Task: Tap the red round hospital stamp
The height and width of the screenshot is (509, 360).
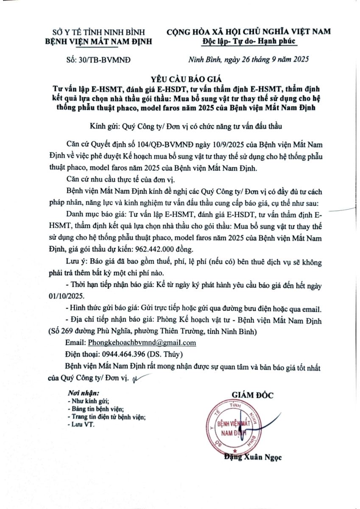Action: (x=232, y=428)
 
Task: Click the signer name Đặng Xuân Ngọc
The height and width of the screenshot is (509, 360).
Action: (x=253, y=457)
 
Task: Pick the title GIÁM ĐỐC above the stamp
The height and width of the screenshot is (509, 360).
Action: (x=252, y=395)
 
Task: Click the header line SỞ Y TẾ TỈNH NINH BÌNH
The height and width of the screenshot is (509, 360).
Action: (x=98, y=32)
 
